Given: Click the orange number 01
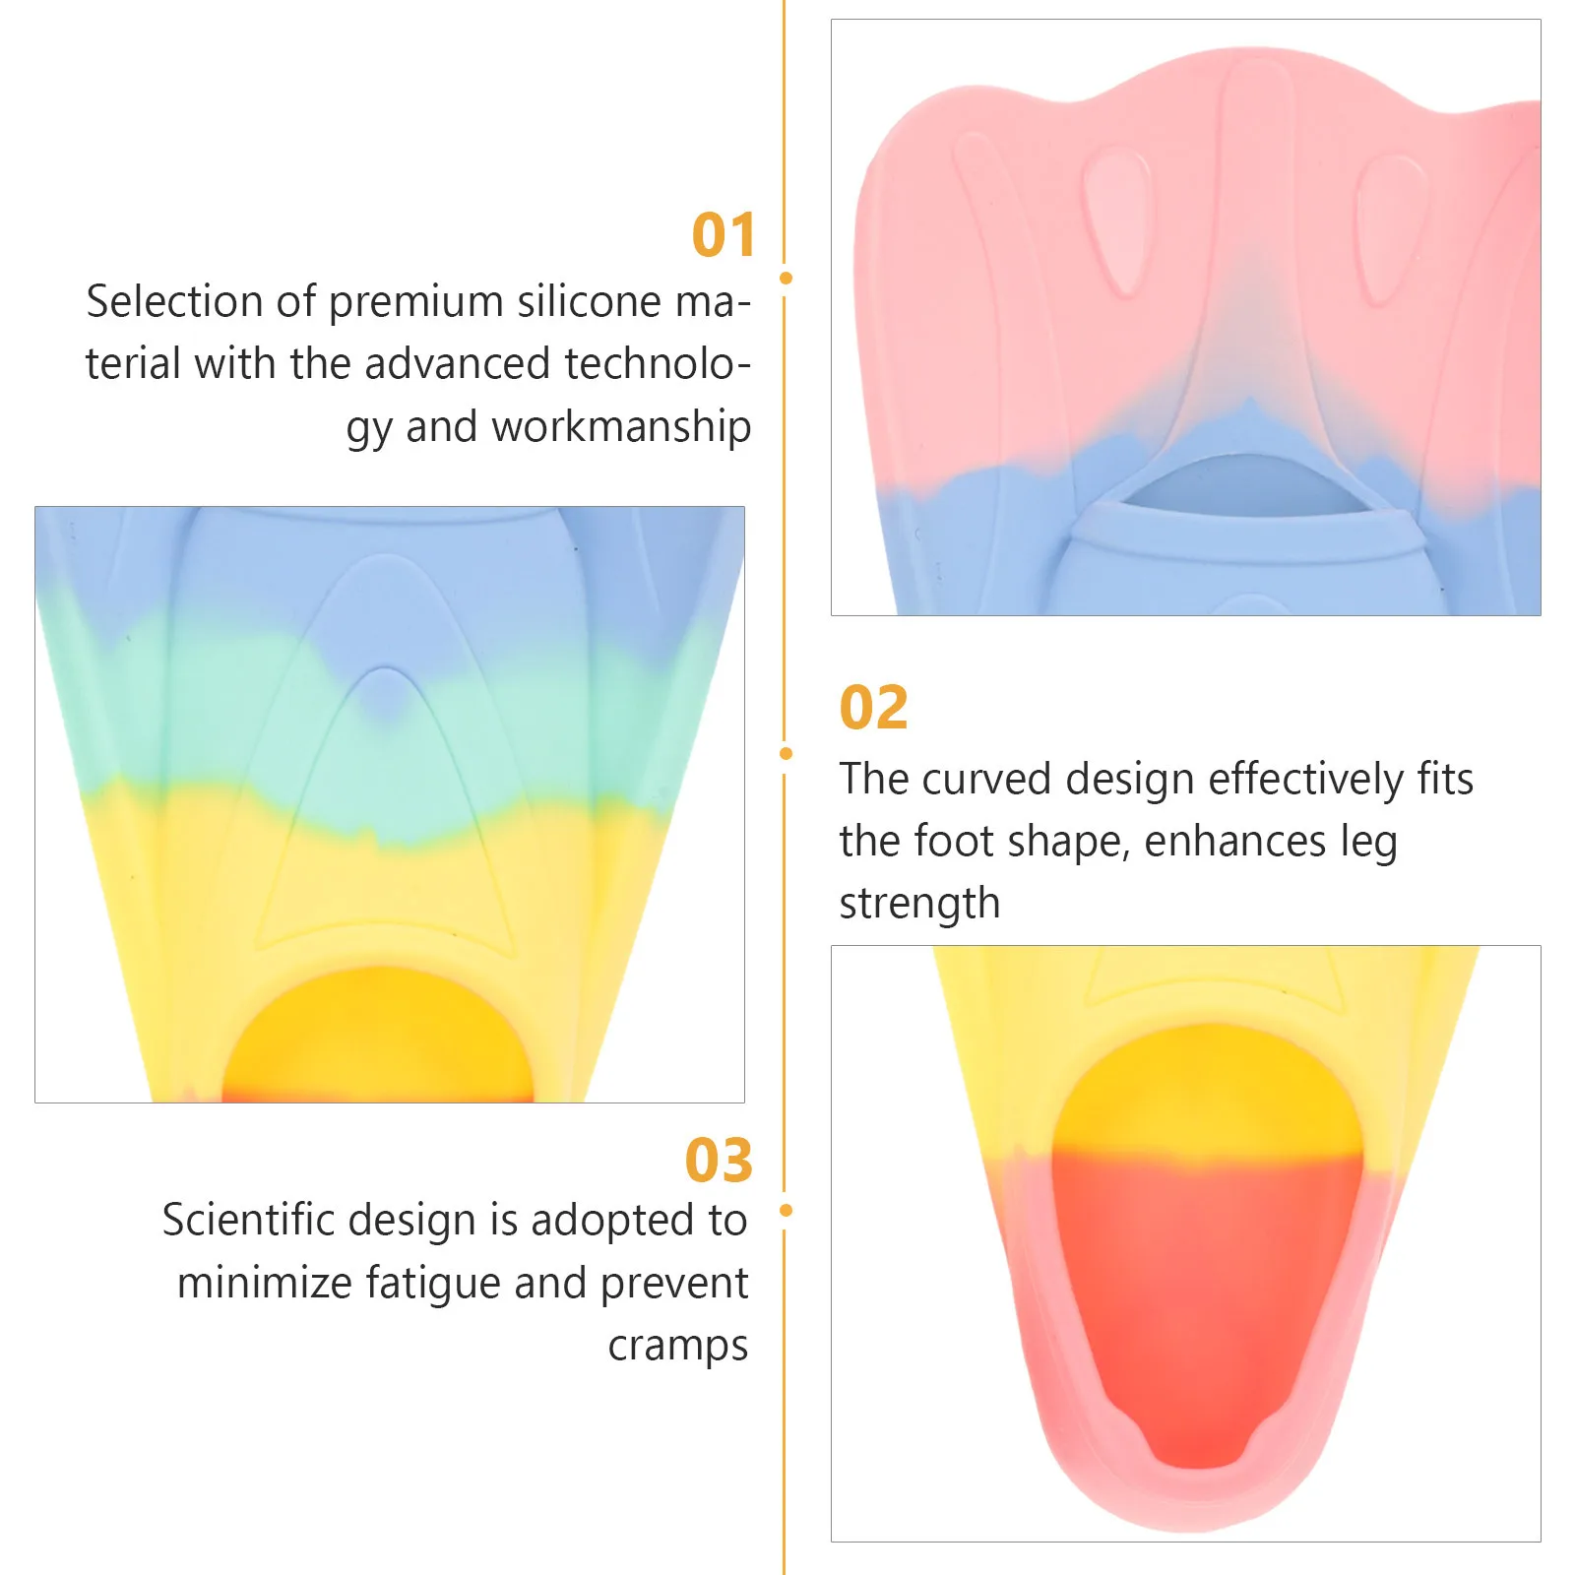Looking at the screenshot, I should [x=724, y=235].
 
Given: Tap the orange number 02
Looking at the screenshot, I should [x=873, y=708].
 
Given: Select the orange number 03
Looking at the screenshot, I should [x=719, y=1161].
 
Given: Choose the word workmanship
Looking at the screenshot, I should [x=621, y=427].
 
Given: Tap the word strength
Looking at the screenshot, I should [x=919, y=905].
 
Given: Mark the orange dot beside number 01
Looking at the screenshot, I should [x=786, y=279].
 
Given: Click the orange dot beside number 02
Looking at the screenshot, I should [x=786, y=754].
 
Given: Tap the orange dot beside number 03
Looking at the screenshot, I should [x=786, y=1210].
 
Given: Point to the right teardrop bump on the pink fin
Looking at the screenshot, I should [x=1390, y=226].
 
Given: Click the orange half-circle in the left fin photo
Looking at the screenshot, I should [x=379, y=1039].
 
